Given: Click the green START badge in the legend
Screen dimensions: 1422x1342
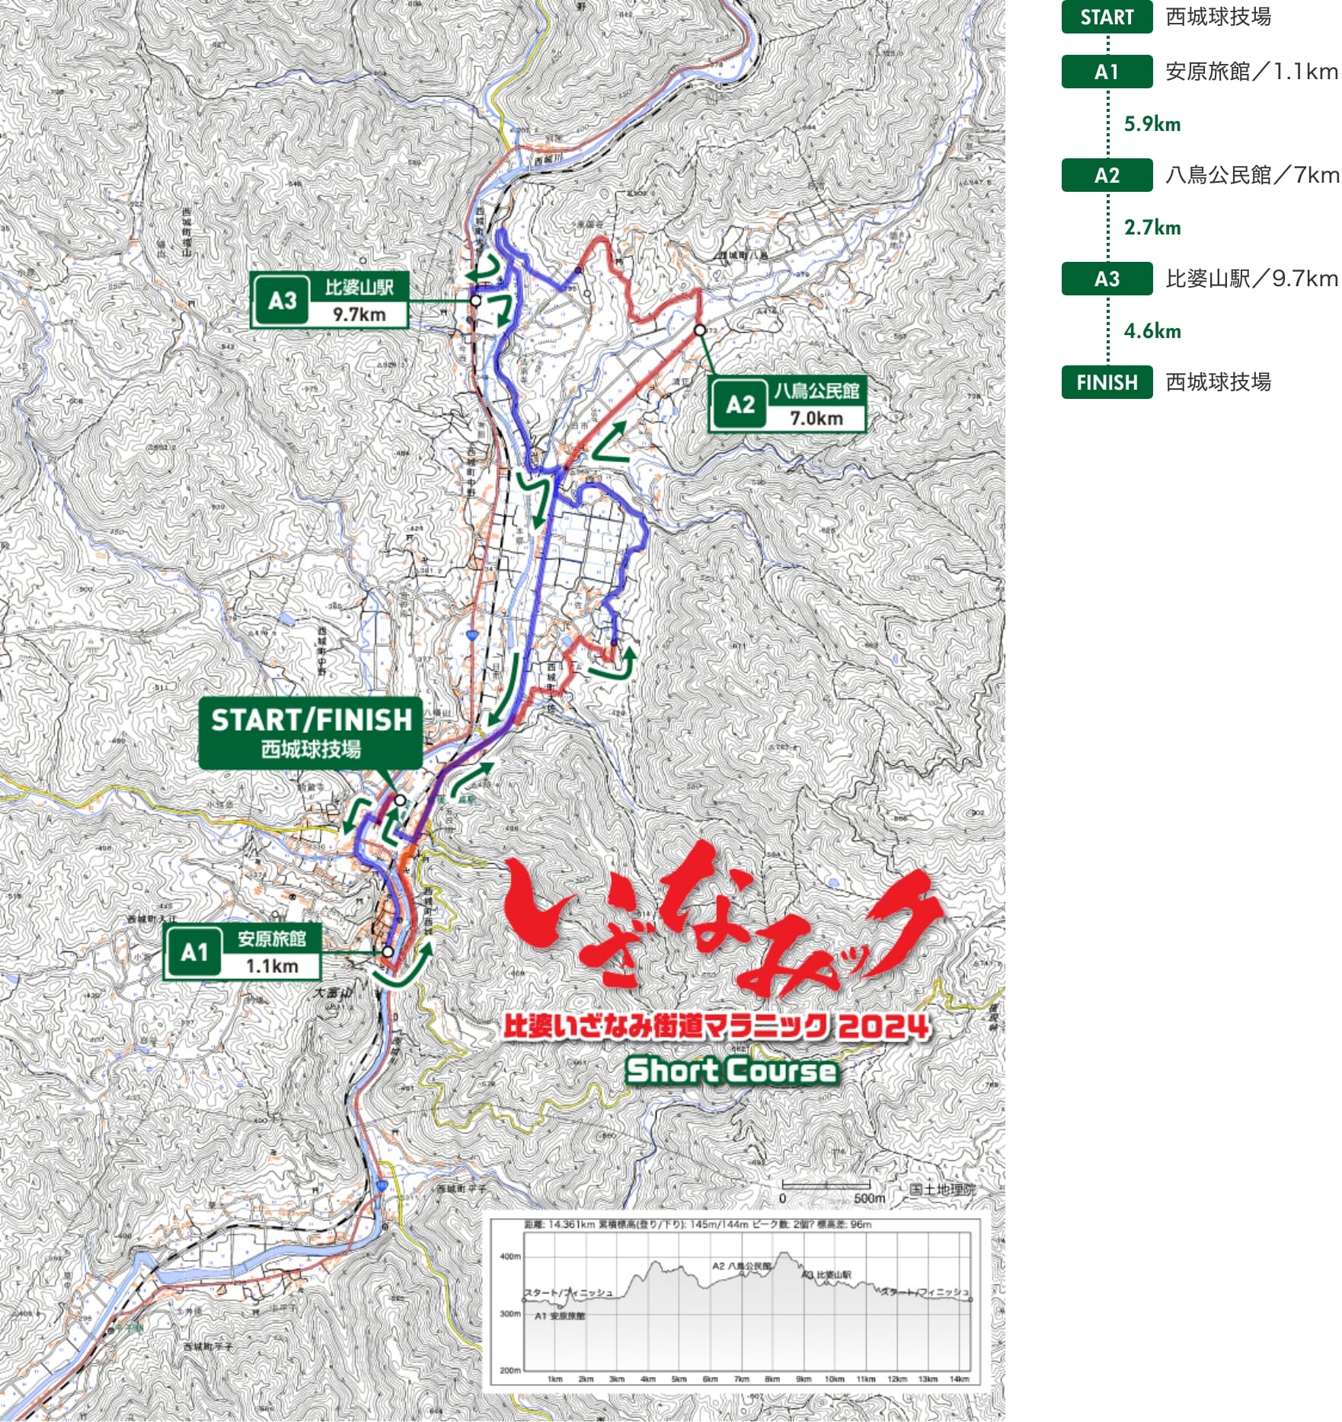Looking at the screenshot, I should pos(1106,18).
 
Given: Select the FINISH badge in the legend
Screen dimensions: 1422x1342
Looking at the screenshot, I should pos(1106,382).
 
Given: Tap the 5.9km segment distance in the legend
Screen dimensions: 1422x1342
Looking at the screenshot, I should pos(1152,124).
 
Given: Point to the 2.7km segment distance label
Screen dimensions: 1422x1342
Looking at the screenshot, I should pos(1152,228).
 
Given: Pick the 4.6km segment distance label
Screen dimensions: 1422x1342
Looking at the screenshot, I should pos(1152,331).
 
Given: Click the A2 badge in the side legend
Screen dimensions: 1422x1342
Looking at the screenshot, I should pos(1106,176).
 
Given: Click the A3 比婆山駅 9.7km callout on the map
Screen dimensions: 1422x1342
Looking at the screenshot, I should pos(329,301).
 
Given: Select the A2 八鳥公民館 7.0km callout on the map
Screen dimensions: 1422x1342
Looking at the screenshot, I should pos(787,404).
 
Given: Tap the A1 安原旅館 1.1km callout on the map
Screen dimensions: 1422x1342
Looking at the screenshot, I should pos(242,952).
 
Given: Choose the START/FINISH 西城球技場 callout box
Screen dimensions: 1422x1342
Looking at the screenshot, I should pos(311,732).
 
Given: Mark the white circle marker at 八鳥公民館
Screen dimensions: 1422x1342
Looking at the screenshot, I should pos(700,330).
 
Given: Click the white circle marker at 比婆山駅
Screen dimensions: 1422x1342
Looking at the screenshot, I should pos(475,301).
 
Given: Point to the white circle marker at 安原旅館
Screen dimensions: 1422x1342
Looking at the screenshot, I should pos(388,952).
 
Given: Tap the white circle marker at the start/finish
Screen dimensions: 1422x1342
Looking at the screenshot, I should pos(400,800).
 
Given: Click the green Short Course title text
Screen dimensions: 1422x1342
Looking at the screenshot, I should pos(731,1070).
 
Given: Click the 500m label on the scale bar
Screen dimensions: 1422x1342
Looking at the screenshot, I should pos(869,1198).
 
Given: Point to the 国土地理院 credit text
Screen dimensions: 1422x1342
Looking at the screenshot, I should pos(941,1190).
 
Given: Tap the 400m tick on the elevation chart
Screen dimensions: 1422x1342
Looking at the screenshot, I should pos(510,1256).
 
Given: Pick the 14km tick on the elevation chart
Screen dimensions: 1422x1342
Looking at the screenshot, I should pos(959,1379).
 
